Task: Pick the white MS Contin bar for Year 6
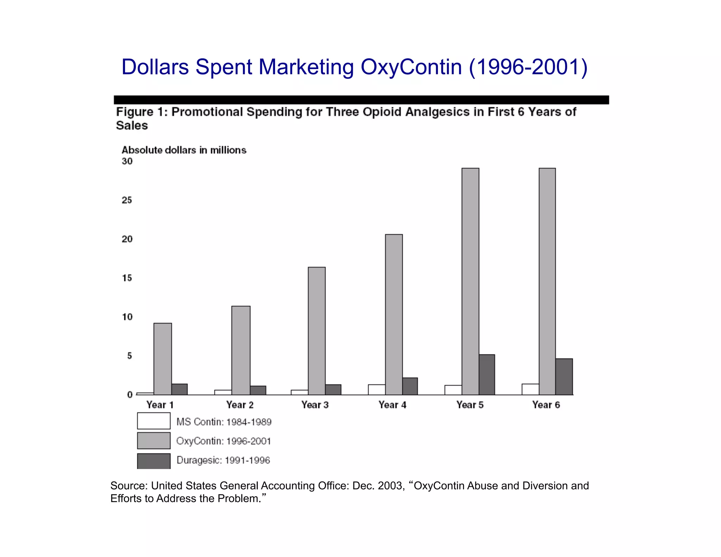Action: (x=530, y=389)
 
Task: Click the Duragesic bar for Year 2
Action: (x=258, y=390)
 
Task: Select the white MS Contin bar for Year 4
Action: (x=376, y=389)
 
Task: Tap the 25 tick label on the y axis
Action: (x=127, y=200)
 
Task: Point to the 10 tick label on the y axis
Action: (x=127, y=317)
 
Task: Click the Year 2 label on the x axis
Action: (x=240, y=405)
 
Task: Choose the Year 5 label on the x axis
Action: (x=470, y=405)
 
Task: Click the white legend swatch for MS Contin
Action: (x=153, y=421)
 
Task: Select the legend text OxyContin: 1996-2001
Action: (x=224, y=441)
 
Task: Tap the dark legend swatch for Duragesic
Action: (x=153, y=461)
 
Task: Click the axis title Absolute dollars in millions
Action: (x=184, y=150)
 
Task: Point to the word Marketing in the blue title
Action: (x=306, y=67)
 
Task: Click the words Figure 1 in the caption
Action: (x=140, y=112)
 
